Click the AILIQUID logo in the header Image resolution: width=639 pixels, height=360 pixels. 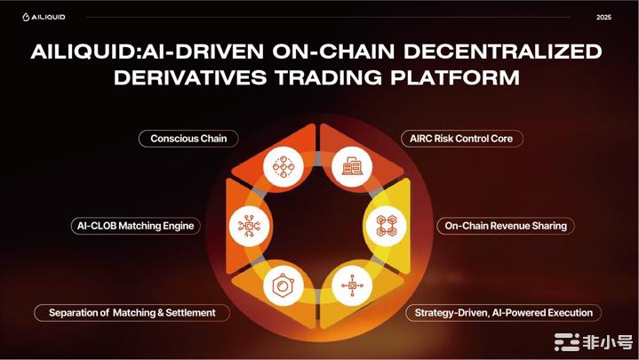[44, 17]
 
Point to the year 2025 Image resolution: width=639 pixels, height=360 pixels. [603, 17]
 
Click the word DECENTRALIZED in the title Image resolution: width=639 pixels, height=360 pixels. [503, 52]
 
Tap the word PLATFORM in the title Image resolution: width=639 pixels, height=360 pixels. [455, 77]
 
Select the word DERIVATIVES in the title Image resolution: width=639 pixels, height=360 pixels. [190, 77]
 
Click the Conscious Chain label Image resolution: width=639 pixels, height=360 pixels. [188, 139]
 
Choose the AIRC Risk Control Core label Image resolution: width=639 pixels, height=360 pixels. [461, 139]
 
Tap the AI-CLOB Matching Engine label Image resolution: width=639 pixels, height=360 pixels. [136, 226]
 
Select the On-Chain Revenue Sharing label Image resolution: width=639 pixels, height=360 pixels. [506, 226]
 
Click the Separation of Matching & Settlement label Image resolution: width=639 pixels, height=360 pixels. [132, 313]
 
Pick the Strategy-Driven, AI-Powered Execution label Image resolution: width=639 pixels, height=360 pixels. [503, 313]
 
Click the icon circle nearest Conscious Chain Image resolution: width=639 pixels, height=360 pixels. [284, 166]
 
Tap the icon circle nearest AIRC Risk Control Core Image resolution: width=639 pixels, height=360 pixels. [352, 166]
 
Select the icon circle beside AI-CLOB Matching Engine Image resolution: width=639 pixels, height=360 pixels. [249, 226]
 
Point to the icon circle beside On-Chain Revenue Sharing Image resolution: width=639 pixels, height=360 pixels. [386, 226]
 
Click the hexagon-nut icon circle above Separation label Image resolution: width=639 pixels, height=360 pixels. [284, 285]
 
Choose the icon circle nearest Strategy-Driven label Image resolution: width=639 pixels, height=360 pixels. [352, 285]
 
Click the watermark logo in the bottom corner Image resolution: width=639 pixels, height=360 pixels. [593, 342]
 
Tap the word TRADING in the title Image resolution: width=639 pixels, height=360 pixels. [329, 77]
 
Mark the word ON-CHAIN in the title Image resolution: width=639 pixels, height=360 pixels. [333, 52]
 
